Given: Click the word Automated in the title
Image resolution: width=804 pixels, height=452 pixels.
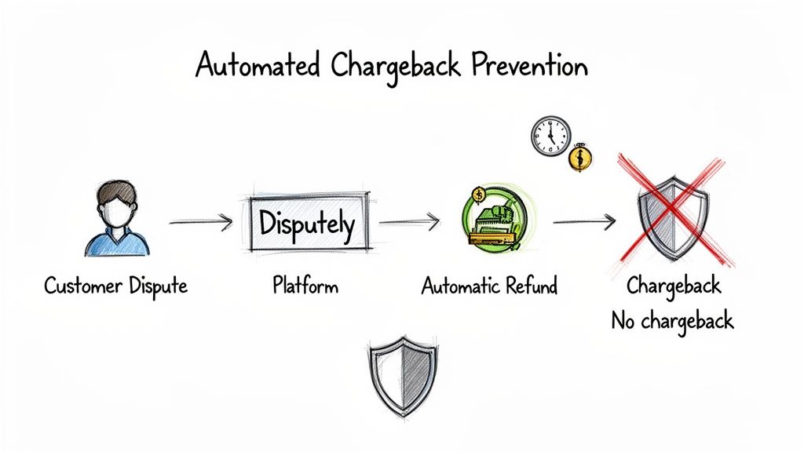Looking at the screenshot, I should point(257,67).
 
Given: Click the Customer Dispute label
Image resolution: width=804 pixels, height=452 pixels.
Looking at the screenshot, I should point(115,286).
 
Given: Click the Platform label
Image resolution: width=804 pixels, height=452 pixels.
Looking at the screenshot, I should point(305,286).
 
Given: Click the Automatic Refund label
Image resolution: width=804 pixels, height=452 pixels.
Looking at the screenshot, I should point(489,286).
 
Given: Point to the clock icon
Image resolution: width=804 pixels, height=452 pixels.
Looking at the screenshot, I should point(550,136).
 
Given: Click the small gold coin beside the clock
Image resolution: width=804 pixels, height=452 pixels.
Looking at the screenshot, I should point(581,158).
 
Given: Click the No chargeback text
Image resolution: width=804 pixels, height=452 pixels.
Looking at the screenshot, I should point(672,320).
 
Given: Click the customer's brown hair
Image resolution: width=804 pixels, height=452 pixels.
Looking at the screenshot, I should point(117,192).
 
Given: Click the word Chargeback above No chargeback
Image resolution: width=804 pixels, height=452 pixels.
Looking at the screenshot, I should point(672,286).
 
